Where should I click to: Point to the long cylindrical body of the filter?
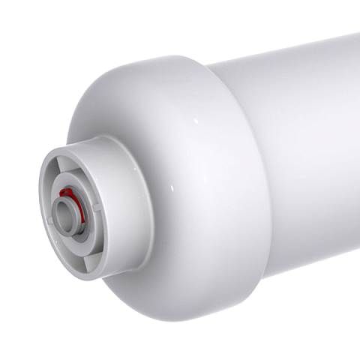coord(292,135)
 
